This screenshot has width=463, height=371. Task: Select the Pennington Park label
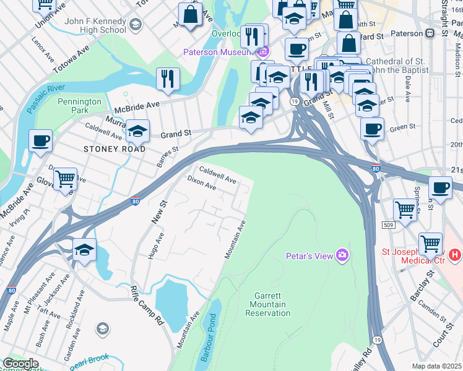(x=79, y=106)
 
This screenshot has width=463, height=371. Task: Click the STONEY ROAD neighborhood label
(x=115, y=149)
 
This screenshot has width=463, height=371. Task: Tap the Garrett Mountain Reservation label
(x=268, y=304)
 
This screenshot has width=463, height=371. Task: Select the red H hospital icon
(x=455, y=254)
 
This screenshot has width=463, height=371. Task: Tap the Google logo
(x=20, y=364)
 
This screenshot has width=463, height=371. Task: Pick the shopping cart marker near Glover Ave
(x=65, y=180)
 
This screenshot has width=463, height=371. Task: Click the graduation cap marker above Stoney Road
(x=137, y=131)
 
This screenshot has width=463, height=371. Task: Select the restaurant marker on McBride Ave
(x=168, y=79)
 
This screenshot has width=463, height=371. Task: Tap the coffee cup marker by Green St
(x=372, y=129)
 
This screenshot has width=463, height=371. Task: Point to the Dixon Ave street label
(x=201, y=182)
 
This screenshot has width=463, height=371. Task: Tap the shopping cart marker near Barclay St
(x=430, y=243)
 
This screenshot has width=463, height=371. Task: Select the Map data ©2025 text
(x=437, y=366)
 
